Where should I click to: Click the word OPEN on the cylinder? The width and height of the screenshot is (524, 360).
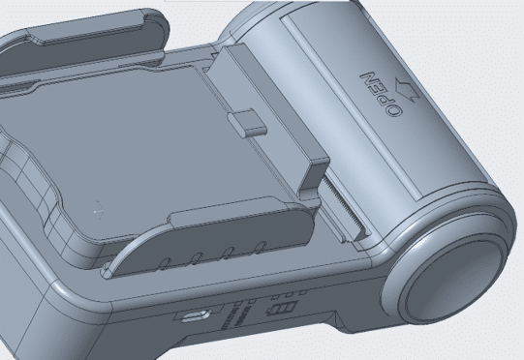[x=381, y=94]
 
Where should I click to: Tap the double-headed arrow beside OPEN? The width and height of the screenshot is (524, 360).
[x=407, y=90]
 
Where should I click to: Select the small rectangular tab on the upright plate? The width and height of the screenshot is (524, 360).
[x=247, y=124]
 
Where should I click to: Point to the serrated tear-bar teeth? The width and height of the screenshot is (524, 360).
[x=344, y=207]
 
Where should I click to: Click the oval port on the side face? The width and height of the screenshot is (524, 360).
[x=196, y=315]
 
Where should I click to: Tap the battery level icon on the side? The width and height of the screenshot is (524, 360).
[x=281, y=308]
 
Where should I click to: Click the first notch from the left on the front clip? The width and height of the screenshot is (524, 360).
[x=165, y=264]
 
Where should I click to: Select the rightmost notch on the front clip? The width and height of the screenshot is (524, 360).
[x=260, y=247]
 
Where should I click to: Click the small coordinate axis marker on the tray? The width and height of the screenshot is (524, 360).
[x=99, y=211]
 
